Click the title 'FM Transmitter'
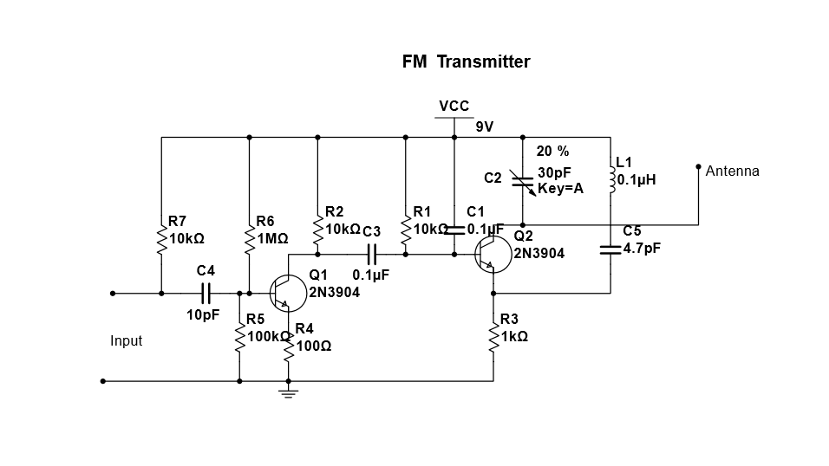(x=466, y=61)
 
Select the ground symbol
(x=288, y=392)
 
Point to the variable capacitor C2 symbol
(x=522, y=181)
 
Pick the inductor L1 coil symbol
(x=610, y=178)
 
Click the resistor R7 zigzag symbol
(x=161, y=242)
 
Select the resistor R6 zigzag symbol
(x=250, y=242)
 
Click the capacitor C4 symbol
(x=206, y=294)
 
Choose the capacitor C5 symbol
(x=610, y=249)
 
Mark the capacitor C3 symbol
(x=372, y=255)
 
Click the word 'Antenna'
(x=732, y=171)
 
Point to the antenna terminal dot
(x=698, y=165)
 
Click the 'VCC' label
(x=454, y=106)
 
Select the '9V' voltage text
(x=484, y=126)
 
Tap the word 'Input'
(x=126, y=341)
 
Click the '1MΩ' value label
(x=272, y=237)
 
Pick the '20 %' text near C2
(x=552, y=151)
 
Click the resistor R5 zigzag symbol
(x=239, y=339)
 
